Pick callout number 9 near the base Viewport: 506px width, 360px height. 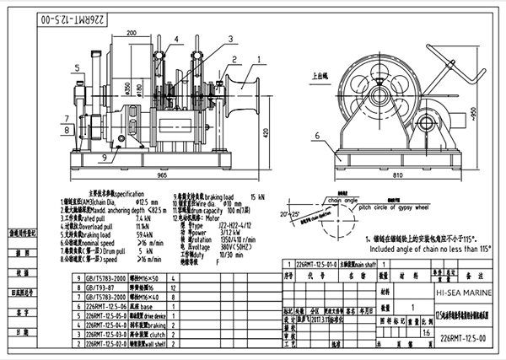[x=104, y=157]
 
